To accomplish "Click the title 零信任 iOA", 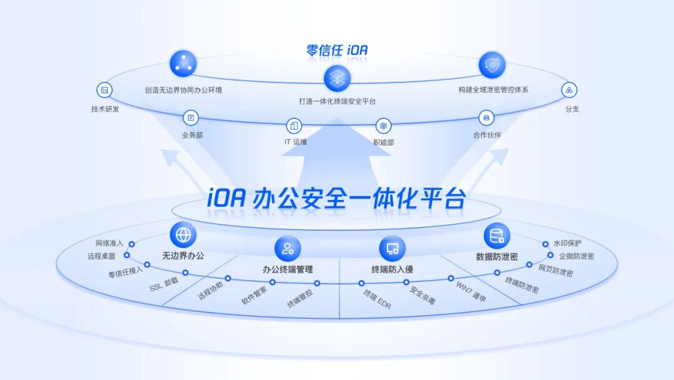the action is (x=337, y=51).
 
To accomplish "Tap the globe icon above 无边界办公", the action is (x=183, y=235).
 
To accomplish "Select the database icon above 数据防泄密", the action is (x=497, y=236).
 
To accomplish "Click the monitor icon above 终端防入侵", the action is (x=392, y=248).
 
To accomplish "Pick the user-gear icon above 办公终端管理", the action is (x=288, y=248).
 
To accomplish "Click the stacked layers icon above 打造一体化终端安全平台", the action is (x=337, y=78).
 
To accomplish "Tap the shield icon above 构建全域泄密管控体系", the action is (x=492, y=65).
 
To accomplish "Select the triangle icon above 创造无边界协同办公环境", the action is (x=183, y=64).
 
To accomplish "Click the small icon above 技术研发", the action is (x=104, y=91).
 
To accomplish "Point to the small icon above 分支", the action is (x=569, y=91).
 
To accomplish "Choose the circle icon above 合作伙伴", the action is (x=486, y=117).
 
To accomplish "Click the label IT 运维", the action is (x=295, y=142).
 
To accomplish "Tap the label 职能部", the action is (x=383, y=142).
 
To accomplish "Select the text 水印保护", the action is (x=567, y=243).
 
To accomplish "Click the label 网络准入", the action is (x=109, y=243).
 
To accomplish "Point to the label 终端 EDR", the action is (x=378, y=299).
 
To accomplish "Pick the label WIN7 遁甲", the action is (x=471, y=292).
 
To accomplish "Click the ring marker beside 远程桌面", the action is (x=127, y=255).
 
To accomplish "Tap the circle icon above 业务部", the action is (x=190, y=117).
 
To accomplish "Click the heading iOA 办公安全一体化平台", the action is (x=336, y=198).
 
